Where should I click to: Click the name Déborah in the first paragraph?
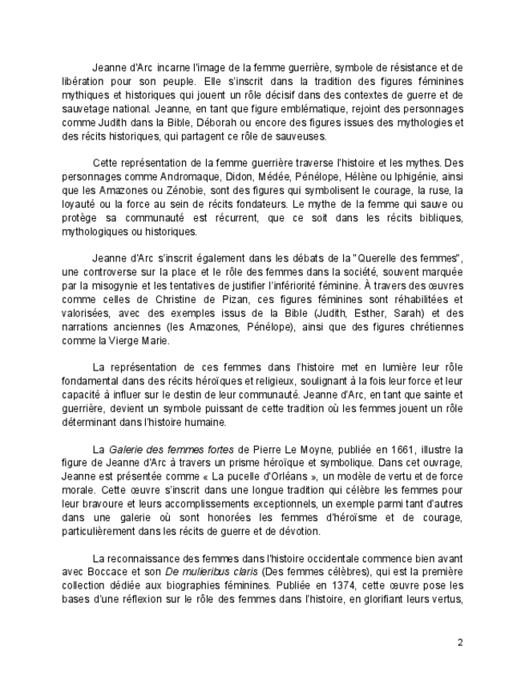click(x=238, y=123)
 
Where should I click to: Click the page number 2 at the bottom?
click(x=460, y=642)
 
